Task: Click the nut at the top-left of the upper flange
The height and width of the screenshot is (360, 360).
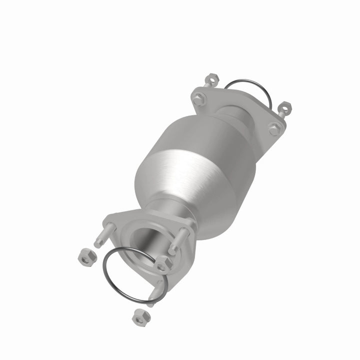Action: point(211,78)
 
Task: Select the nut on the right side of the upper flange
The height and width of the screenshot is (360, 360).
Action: point(284,106)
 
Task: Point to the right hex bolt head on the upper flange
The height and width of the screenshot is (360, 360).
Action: point(274,130)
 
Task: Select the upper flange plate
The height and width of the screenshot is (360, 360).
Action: point(235,107)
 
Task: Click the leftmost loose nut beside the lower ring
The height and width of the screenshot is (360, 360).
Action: point(87,257)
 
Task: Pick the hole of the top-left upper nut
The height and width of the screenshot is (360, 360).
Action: point(212,78)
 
